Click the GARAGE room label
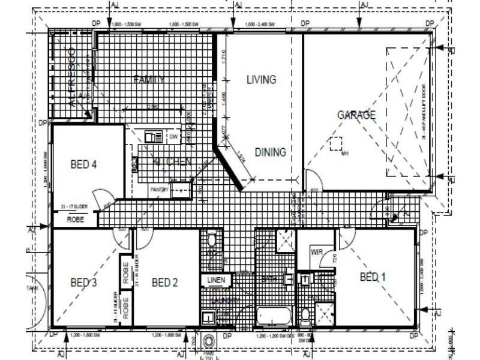pyautogui.click(x=356, y=115)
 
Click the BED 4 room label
pyautogui.click(x=83, y=164)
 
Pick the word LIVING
pyautogui.click(x=261, y=79)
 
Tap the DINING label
pyautogui.click(x=270, y=152)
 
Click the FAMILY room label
pyautogui.click(x=149, y=79)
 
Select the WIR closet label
pyautogui.click(x=317, y=253)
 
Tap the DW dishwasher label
pyautogui.click(x=174, y=137)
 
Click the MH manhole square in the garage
pyautogui.click(x=336, y=143)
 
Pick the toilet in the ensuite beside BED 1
pyautogui.click(x=305, y=314)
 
